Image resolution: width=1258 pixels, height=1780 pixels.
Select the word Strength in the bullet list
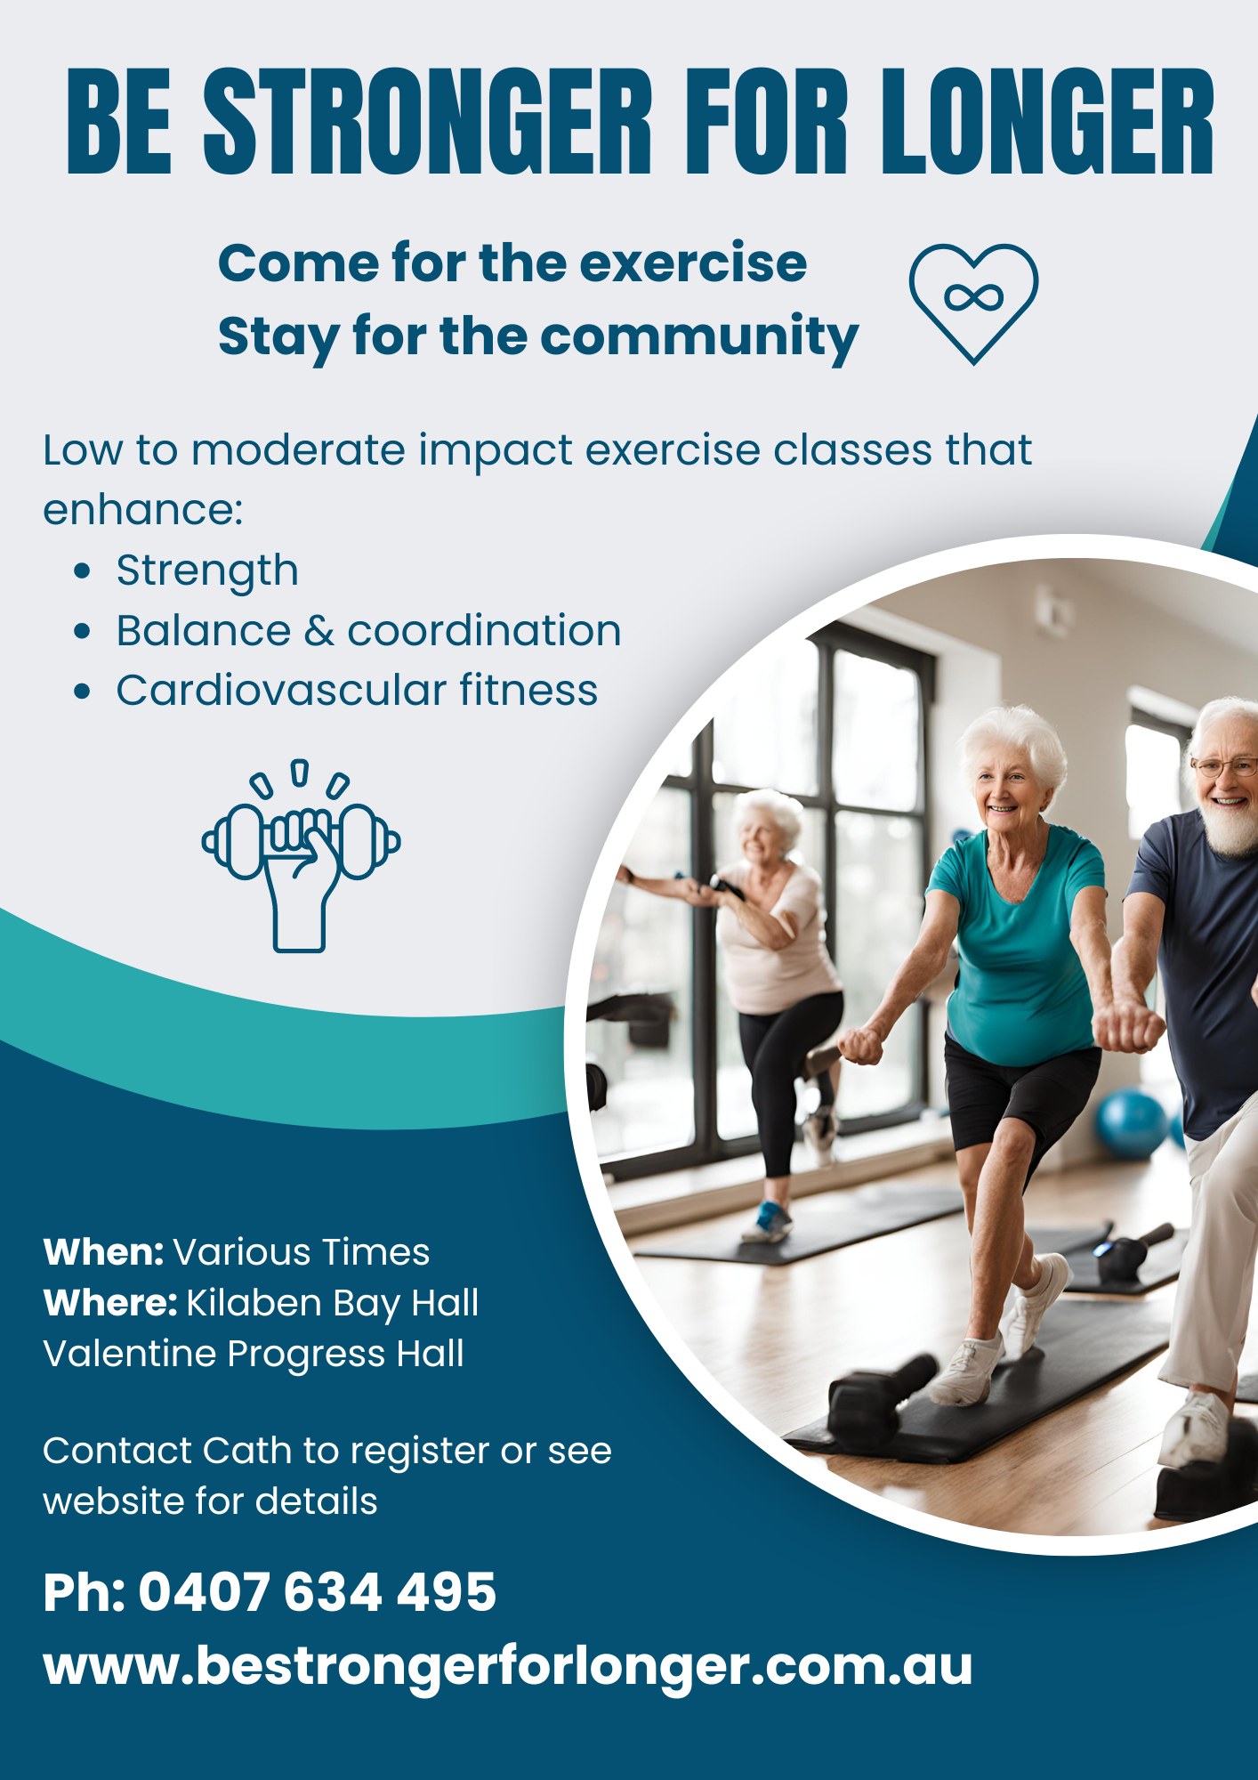(x=207, y=571)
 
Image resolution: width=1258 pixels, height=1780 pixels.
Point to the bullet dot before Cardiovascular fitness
(x=83, y=692)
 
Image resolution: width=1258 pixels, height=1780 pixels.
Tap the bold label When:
(x=103, y=1252)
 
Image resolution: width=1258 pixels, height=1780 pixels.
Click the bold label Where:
(x=110, y=1303)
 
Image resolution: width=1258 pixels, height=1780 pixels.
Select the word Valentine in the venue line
(x=130, y=1354)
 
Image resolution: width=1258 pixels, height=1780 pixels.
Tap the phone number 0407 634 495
(x=317, y=1592)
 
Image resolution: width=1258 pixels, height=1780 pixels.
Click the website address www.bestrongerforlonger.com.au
(x=507, y=1666)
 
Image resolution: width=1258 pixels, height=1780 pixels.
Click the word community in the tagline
(x=699, y=337)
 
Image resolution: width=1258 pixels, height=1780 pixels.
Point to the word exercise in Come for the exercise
(x=693, y=263)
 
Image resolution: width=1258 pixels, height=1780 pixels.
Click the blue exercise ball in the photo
(x=1131, y=1124)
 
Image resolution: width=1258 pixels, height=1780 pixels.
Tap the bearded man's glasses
(x=1226, y=766)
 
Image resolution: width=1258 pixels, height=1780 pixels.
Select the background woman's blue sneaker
(x=769, y=1220)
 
